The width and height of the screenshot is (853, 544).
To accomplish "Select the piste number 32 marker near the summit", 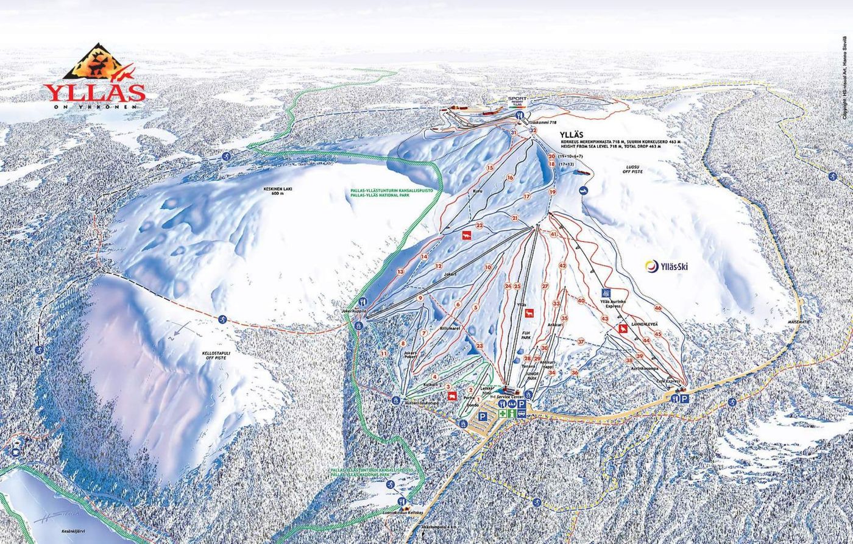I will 533,130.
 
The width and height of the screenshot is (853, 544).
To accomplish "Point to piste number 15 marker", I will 489,168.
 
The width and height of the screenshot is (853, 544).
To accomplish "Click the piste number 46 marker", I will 657,308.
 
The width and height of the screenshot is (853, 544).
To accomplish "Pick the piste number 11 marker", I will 383,353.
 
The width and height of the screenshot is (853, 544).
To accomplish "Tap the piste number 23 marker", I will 480,345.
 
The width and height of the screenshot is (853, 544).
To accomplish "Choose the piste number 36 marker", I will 574,372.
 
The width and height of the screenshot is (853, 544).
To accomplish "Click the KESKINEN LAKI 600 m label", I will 278,191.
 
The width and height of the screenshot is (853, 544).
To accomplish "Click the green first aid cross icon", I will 503,413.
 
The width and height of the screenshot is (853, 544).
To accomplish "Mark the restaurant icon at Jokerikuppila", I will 362,302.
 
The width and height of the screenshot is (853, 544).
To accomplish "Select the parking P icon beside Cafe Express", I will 684,398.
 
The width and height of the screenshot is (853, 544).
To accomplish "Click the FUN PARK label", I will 526,335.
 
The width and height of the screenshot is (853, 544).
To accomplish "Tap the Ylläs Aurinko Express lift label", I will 609,303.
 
